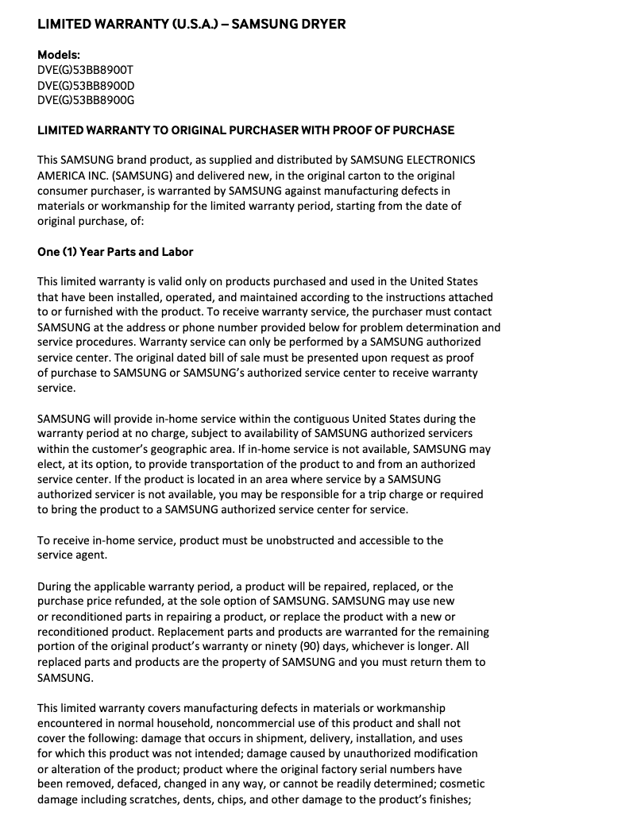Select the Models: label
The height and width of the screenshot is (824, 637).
pos(59,55)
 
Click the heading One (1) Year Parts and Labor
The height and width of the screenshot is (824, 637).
pos(115,252)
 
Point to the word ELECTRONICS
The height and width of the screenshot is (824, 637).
pos(442,161)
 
